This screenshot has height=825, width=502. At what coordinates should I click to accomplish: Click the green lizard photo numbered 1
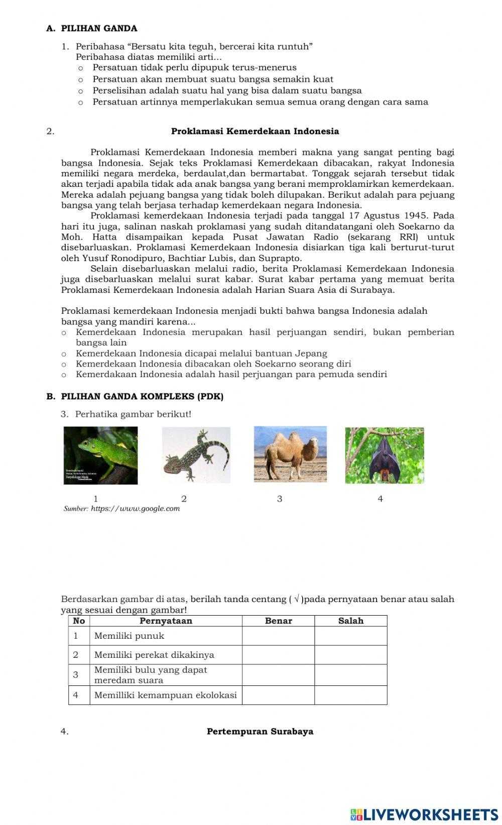[100, 455]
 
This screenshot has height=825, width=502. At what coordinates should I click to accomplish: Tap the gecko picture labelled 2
[196, 455]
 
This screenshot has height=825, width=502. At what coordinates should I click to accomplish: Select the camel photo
[290, 454]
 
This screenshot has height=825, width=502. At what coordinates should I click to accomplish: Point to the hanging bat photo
[384, 455]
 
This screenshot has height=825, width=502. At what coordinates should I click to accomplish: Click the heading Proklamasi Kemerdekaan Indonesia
[255, 132]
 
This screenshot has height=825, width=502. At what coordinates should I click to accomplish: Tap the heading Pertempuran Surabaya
[260, 731]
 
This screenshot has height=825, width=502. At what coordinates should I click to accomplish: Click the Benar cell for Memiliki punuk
[278, 636]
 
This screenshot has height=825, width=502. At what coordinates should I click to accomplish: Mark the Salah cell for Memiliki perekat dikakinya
[350, 655]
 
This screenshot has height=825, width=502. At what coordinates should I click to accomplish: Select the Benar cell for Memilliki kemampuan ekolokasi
[278, 695]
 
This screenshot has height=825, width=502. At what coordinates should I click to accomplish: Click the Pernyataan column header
[166, 621]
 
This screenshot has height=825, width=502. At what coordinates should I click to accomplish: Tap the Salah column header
[350, 621]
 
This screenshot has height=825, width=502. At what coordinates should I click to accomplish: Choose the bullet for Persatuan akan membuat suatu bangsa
[80, 79]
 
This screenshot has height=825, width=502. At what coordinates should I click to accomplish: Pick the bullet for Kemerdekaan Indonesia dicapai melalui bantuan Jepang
[64, 353]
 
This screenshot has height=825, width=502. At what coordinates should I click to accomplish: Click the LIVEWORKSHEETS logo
[424, 814]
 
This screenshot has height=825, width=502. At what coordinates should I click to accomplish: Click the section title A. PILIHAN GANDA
[92, 29]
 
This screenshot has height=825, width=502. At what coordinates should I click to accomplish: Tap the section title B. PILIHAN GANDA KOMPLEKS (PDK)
[135, 397]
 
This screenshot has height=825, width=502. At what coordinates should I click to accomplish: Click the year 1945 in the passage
[444, 216]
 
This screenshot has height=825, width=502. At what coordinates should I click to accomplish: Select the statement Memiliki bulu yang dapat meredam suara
[151, 675]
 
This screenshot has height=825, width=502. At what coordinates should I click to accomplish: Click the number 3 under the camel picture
[280, 499]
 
